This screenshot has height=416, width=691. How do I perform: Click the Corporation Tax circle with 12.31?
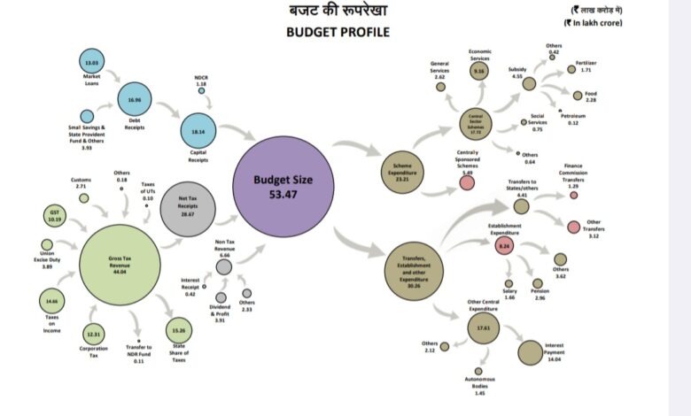point(94,333)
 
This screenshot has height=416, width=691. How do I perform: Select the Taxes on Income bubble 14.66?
point(53,301)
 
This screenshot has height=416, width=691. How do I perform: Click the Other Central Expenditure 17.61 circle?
point(484,327)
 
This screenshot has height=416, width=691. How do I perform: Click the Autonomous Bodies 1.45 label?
point(478,387)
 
